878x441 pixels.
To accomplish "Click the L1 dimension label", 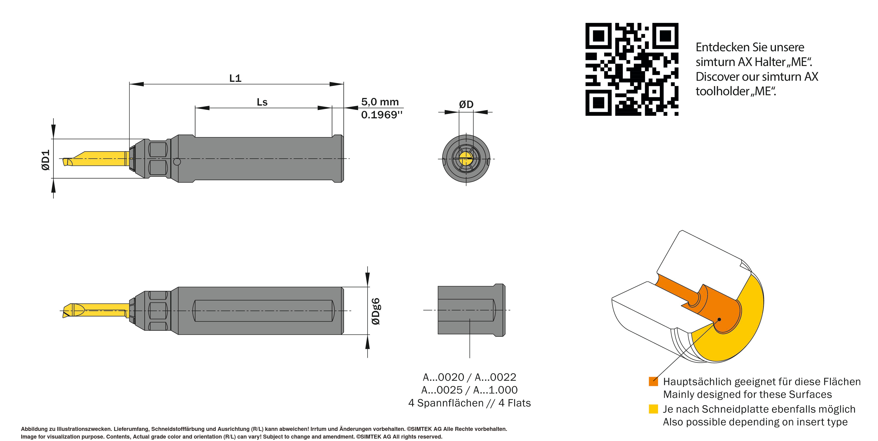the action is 235,78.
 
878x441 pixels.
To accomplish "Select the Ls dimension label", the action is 262,102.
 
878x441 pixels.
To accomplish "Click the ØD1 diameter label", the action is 46,160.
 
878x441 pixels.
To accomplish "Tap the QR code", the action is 632,69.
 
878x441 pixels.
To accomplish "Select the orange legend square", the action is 653,381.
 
